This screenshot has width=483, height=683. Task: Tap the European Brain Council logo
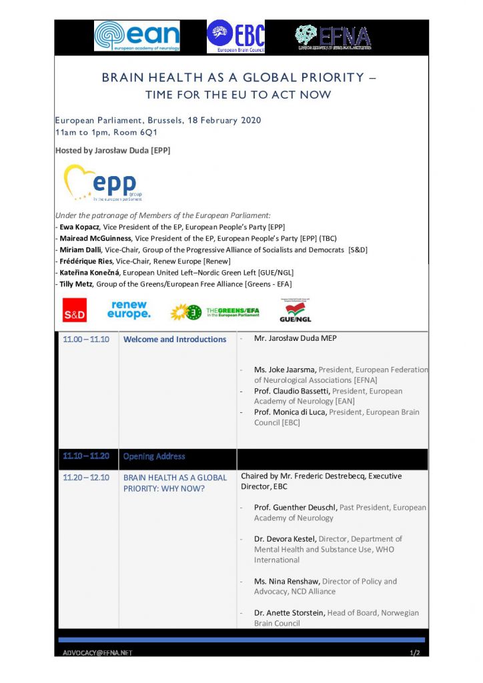[x=235, y=36]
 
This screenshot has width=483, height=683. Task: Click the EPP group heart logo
[x=103, y=183]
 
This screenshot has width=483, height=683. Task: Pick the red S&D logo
[x=75, y=311]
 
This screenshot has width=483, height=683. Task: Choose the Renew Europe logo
[x=129, y=309]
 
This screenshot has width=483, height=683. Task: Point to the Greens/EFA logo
[x=214, y=311]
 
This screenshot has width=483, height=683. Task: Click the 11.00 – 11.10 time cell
[x=86, y=339]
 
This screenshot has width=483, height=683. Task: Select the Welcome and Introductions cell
[x=175, y=339]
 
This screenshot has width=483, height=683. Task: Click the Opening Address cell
[x=154, y=457]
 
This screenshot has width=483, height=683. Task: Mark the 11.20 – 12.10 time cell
[x=86, y=478]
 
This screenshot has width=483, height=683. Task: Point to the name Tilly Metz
[x=77, y=284]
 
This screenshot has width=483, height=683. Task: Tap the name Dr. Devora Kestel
[x=285, y=539]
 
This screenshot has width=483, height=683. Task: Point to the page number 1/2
[x=415, y=652]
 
